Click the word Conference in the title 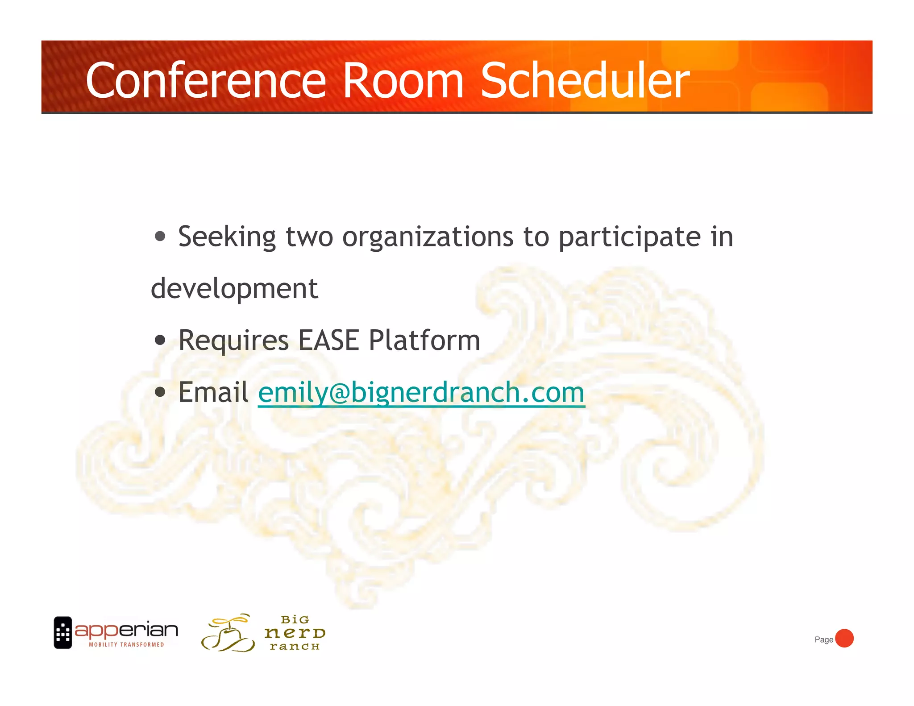tap(206, 81)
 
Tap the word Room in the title tap(403, 81)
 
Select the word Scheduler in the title tap(585, 81)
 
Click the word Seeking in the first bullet tap(227, 237)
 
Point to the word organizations tap(428, 237)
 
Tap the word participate tap(630, 237)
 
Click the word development tap(234, 289)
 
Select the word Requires tap(233, 341)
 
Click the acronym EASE tap(328, 341)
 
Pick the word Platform tap(424, 341)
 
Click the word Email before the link tap(213, 392)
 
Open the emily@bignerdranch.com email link tap(421, 393)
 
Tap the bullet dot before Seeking tap(160, 236)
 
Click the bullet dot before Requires tap(160, 341)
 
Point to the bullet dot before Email tap(160, 392)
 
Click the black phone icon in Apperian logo tap(63, 632)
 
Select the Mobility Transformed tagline tap(126, 644)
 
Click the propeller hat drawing tap(228, 633)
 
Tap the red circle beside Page tap(844, 638)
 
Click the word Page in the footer tap(824, 640)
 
